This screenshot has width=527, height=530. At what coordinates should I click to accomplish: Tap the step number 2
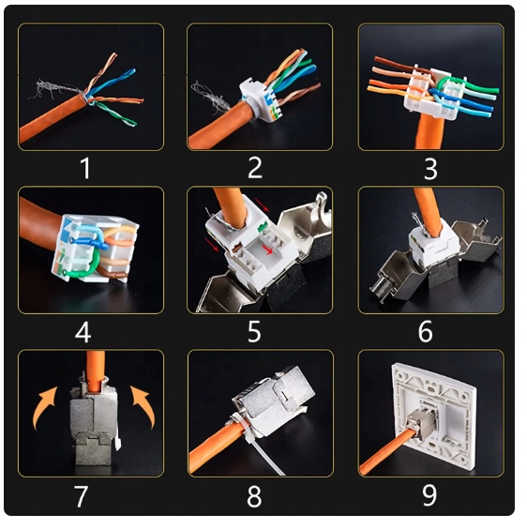tap(255, 167)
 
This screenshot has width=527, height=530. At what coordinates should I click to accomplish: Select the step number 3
tap(430, 168)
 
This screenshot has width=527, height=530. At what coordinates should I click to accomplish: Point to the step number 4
tap(83, 332)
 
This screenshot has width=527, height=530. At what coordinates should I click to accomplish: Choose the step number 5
tap(254, 331)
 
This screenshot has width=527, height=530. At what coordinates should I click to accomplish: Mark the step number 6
tap(426, 331)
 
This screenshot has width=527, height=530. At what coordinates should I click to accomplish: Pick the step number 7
tap(81, 496)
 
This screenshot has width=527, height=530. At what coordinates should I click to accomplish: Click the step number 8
tap(254, 496)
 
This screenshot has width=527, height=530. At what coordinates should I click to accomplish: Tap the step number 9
tap(429, 495)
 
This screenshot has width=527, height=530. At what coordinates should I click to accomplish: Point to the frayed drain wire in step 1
tap(54, 88)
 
